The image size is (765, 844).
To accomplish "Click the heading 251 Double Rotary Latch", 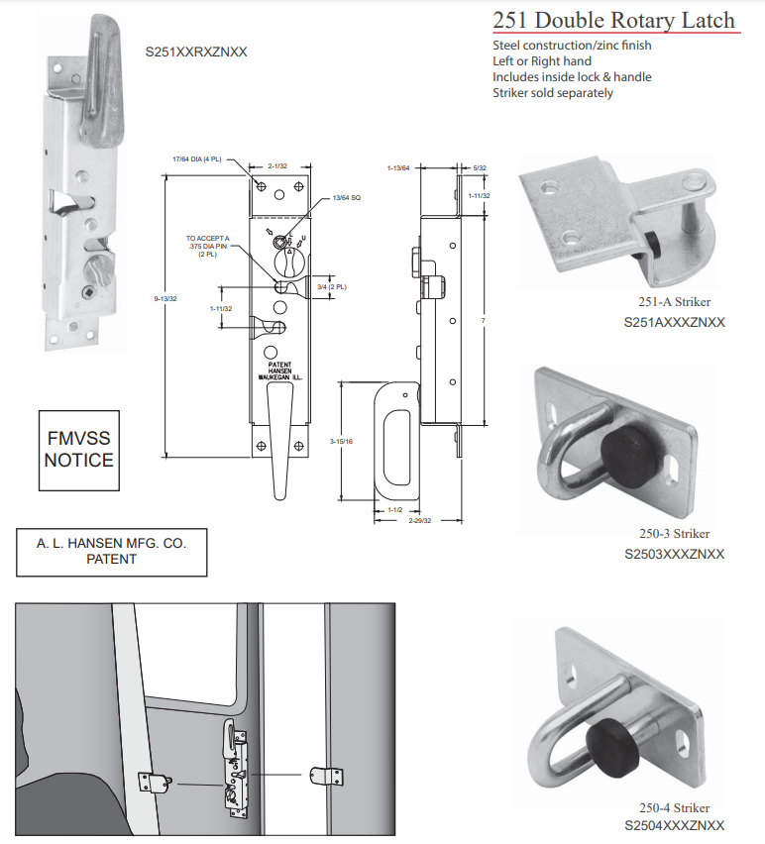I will [x=614, y=20].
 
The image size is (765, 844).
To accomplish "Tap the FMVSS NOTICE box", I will [x=79, y=450].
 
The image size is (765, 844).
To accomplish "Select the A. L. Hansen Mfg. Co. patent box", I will [x=111, y=551].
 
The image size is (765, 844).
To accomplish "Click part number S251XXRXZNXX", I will [x=196, y=52].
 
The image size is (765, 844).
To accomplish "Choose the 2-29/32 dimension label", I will [x=420, y=520].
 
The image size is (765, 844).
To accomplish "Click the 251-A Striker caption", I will [x=674, y=302].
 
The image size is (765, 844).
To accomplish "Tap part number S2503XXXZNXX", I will [x=674, y=554].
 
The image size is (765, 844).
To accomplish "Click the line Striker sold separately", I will [x=553, y=93].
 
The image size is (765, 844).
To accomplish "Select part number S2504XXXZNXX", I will [x=674, y=825].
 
